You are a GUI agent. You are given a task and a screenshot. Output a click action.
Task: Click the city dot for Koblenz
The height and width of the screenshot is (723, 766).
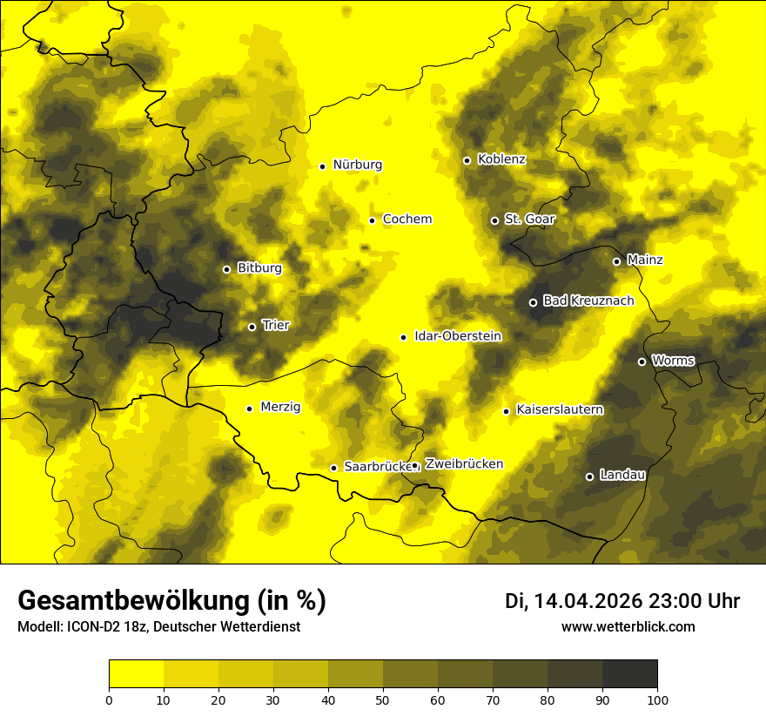pos(467,160)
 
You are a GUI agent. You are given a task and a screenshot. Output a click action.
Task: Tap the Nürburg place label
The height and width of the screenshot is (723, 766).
pos(357,165)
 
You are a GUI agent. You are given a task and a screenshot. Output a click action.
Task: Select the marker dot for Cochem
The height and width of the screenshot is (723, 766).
pos(372,220)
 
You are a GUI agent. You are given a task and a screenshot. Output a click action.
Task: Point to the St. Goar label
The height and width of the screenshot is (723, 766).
pos(529,219)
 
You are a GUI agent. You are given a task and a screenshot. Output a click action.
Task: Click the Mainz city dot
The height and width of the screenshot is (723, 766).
pos(616,261)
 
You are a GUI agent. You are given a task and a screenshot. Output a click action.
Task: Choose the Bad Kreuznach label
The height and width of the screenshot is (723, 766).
pos(588,301)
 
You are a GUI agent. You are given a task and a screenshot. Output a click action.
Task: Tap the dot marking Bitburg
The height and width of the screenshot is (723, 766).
pos(226,269)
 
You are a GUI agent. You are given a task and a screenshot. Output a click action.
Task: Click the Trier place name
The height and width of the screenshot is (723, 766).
pos(275,325)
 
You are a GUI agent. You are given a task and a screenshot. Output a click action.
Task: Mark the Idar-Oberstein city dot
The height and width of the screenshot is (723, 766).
pos(403,337)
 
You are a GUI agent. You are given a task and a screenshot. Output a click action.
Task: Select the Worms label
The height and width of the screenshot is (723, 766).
pos(673,360)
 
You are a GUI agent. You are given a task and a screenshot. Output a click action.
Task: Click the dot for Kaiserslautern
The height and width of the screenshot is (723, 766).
pos(506,411)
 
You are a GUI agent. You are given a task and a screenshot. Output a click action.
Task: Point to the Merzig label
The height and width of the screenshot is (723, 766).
pos(280,407)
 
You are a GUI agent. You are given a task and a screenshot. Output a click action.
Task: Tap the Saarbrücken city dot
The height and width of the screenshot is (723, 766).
pos(333,468)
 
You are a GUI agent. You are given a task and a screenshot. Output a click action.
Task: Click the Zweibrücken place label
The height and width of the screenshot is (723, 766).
pos(464,463)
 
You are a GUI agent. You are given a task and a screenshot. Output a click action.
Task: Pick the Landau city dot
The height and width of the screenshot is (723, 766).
pos(589,476)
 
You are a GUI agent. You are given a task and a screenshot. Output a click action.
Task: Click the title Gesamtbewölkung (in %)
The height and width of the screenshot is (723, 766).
pos(171,600)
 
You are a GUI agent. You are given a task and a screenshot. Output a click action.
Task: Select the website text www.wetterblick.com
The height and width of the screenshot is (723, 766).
pos(628,626)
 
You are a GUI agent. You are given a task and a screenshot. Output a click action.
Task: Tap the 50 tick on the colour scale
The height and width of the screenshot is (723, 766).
pos(383,699)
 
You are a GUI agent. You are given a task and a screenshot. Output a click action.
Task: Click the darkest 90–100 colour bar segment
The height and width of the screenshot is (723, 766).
pos(629,673)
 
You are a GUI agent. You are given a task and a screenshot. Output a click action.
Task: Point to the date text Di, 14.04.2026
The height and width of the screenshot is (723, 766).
pos(574,601)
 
